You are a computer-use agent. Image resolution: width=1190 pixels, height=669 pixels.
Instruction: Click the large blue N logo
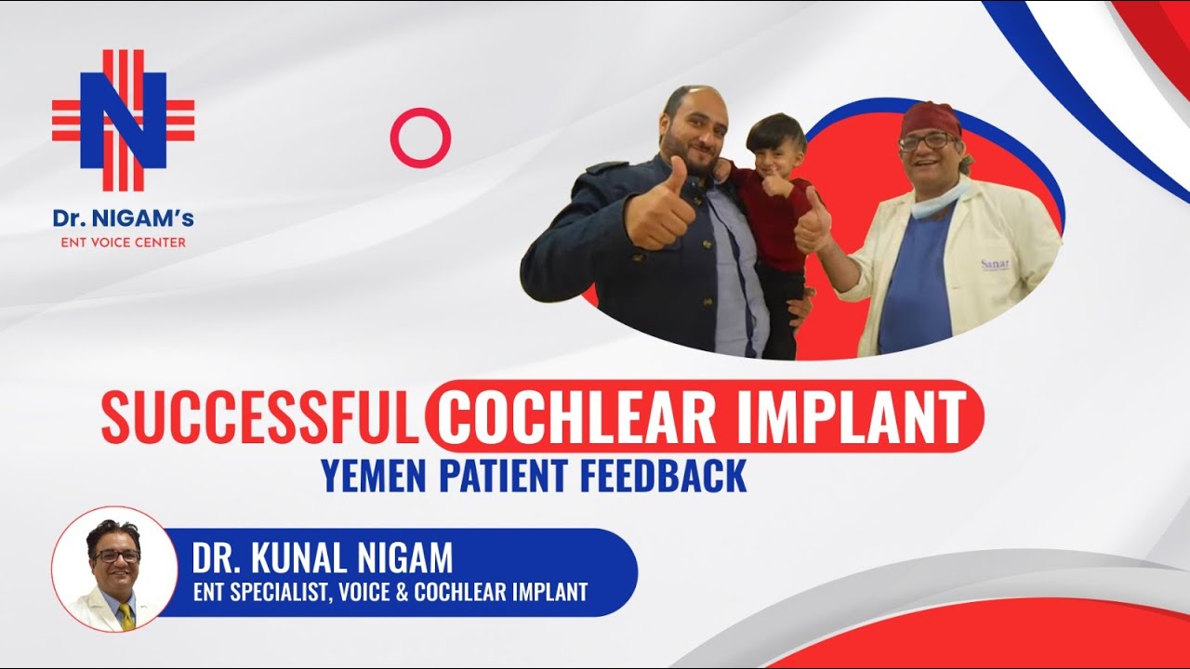pyautogui.click(x=123, y=120)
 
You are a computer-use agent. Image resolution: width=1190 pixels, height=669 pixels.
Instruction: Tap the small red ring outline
pyautogui.click(x=420, y=138)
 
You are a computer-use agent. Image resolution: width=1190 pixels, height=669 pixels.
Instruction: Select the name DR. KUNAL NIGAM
pyautogui.click(x=323, y=557)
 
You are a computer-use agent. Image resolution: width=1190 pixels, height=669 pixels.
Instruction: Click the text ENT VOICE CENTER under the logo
pyautogui.click(x=123, y=243)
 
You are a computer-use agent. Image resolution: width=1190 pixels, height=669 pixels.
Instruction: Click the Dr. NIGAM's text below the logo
pyautogui.click(x=123, y=220)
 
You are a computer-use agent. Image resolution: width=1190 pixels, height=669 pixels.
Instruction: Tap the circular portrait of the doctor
pyautogui.click(x=114, y=570)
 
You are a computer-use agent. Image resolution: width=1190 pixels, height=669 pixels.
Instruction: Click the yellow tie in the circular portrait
pyautogui.click(x=125, y=615)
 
